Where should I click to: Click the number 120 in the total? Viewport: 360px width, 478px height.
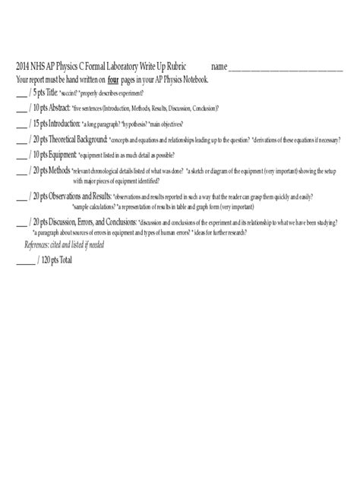pos(44,262)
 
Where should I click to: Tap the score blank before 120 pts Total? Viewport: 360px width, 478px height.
pos(24,263)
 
